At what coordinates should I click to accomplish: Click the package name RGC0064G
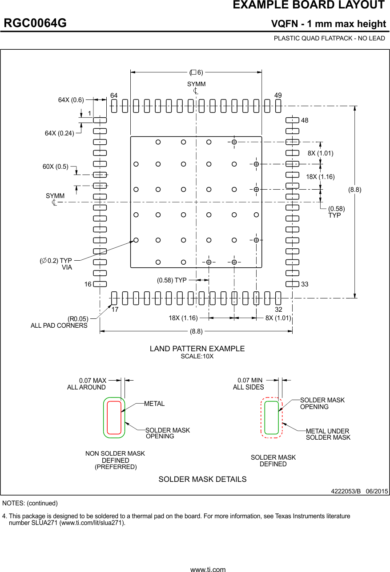(x=35, y=23)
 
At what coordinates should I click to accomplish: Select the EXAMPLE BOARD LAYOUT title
(x=308, y=5)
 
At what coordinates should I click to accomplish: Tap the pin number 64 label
(x=114, y=95)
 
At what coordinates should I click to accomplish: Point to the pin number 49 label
(x=278, y=95)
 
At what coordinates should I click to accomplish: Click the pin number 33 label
(x=305, y=284)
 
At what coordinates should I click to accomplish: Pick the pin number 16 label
(x=88, y=284)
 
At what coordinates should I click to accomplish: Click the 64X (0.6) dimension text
(x=71, y=100)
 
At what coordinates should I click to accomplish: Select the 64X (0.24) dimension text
(x=59, y=133)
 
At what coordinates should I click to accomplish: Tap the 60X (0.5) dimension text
(x=56, y=167)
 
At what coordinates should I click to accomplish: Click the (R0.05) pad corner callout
(x=78, y=319)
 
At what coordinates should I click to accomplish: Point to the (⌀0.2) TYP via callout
(x=56, y=261)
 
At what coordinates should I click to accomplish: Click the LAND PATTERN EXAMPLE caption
(x=197, y=349)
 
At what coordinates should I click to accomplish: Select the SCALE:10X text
(x=197, y=357)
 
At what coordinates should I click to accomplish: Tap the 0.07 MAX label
(x=92, y=381)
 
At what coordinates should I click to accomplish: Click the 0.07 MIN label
(x=250, y=381)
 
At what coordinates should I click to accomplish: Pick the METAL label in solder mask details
(x=154, y=404)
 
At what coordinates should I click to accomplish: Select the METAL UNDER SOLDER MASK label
(x=328, y=434)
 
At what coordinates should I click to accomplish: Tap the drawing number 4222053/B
(x=346, y=491)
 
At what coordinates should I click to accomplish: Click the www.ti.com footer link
(x=208, y=569)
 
